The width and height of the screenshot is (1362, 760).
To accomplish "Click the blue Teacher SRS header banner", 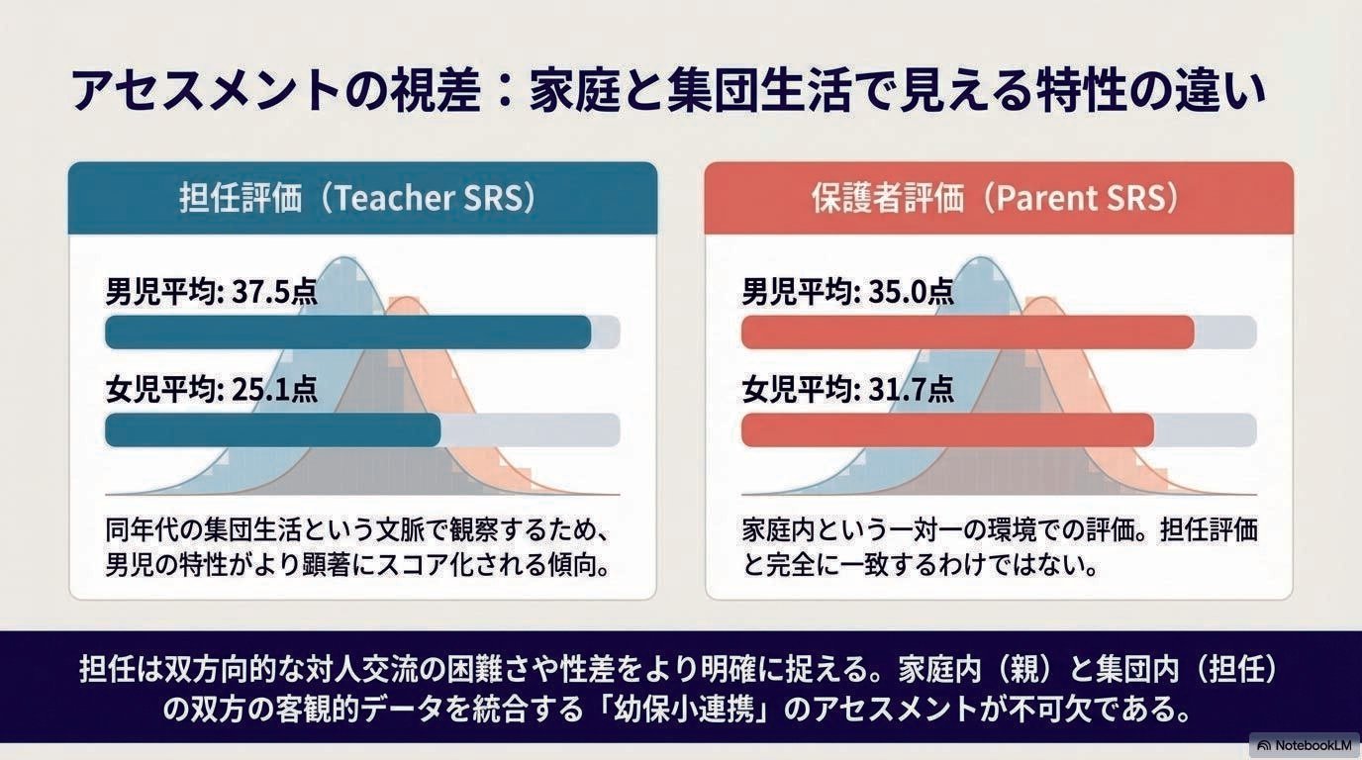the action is [362, 198].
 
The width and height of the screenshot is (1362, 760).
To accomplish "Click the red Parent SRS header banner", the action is [999, 198].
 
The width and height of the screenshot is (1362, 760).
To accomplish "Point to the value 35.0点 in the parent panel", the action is [911, 293].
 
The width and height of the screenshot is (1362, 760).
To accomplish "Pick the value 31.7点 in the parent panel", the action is [911, 389].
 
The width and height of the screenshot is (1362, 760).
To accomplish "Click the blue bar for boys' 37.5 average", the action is [347, 332].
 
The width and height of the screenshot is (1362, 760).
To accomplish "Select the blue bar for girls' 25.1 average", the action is [273, 429].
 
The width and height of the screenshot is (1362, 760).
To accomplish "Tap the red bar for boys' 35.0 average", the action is [968, 332].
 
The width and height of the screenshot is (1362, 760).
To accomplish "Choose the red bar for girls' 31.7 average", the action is [947, 429].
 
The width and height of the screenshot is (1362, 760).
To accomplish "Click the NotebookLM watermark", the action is [1305, 745].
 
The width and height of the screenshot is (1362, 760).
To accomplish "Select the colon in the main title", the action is [504, 92].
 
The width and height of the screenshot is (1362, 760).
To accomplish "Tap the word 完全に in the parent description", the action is [799, 565].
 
